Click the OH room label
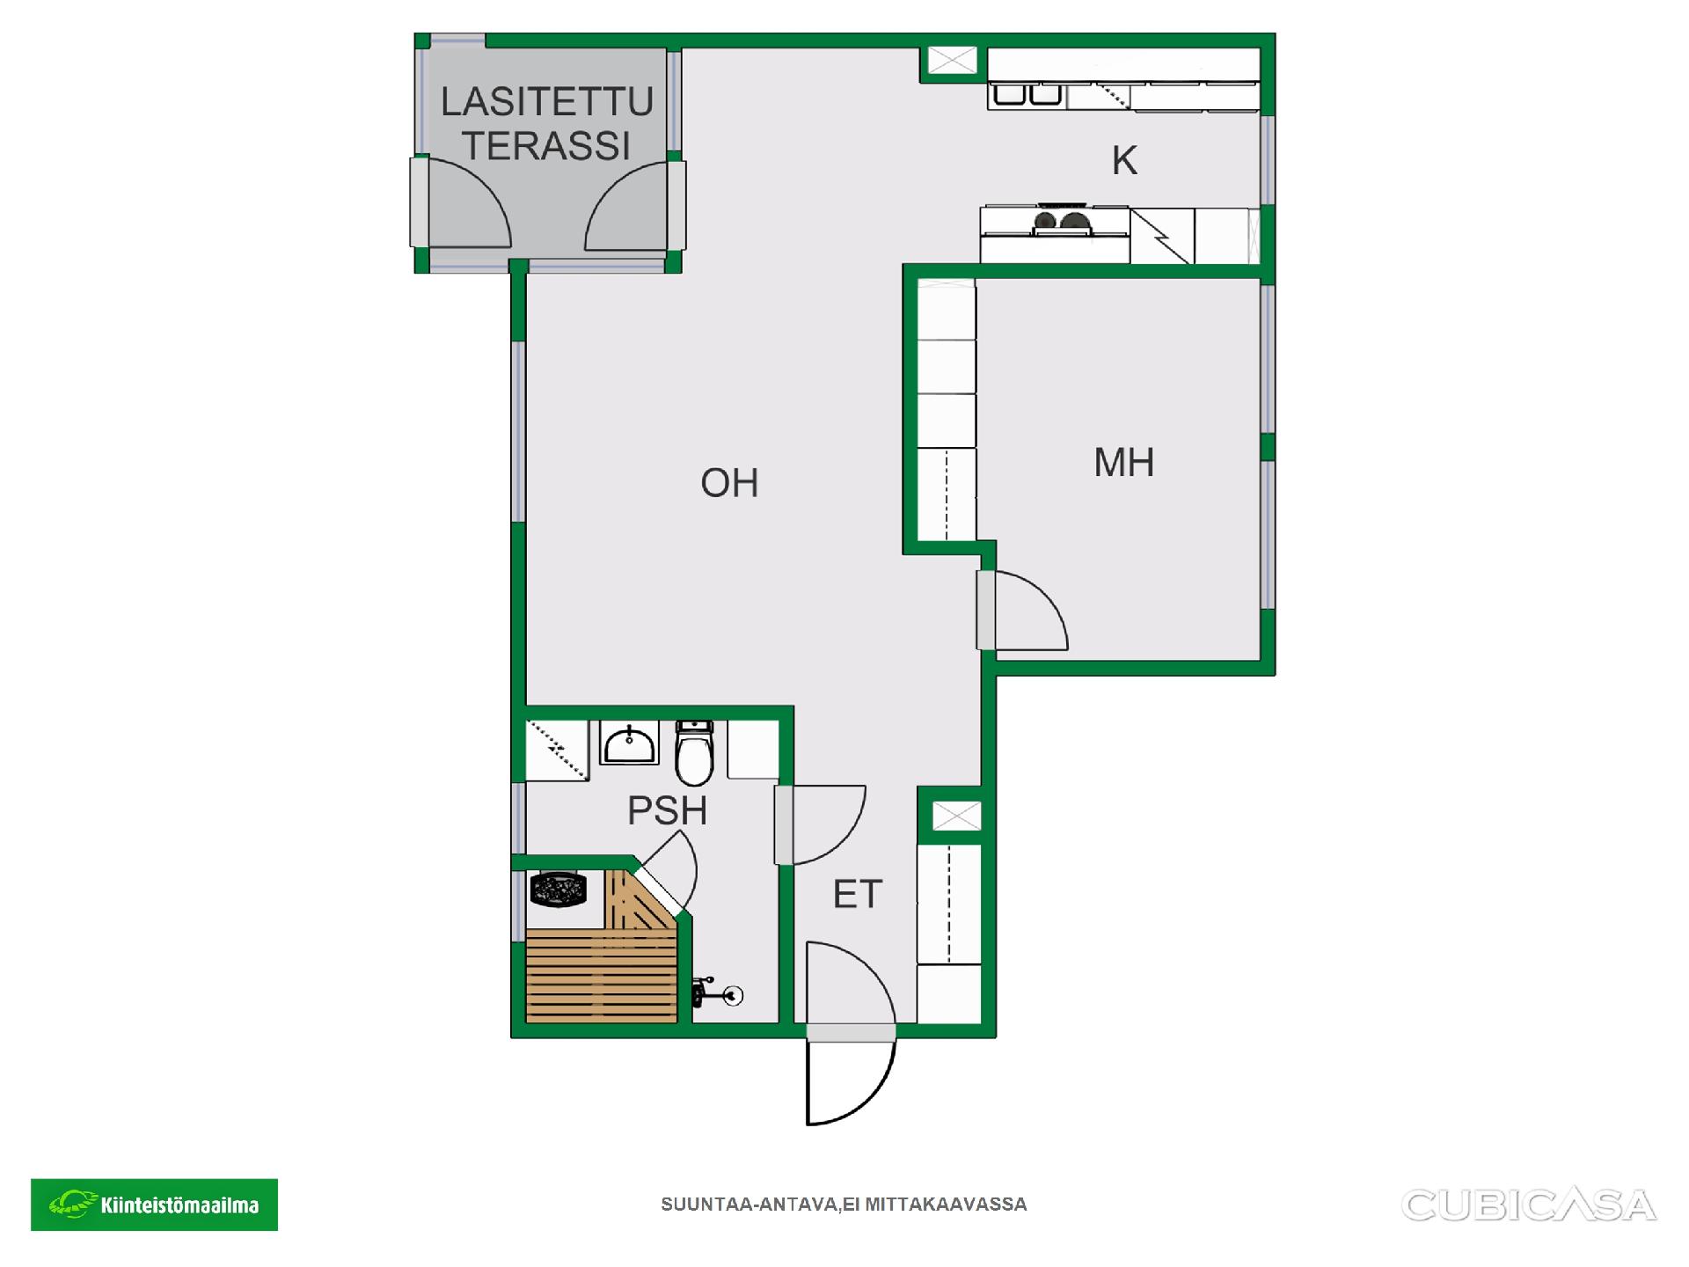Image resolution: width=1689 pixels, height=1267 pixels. tap(729, 483)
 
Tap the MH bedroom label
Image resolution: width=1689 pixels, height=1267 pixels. tap(1123, 463)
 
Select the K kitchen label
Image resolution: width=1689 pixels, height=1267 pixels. tap(1124, 161)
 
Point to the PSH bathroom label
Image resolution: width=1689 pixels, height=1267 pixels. tap(667, 810)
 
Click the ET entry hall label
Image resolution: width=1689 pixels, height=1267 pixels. tap(857, 895)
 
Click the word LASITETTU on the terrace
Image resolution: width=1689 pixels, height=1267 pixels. tap(547, 102)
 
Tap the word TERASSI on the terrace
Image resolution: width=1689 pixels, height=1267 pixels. tap(547, 146)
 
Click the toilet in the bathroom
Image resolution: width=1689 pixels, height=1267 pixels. tap(694, 753)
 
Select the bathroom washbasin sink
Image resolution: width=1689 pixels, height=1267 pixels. tap(630, 743)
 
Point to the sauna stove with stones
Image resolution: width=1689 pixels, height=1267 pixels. tap(558, 889)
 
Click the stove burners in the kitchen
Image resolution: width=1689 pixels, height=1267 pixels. tap(1058, 221)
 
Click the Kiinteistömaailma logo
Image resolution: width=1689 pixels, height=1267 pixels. tap(154, 1205)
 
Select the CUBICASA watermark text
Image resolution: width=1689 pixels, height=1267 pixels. tap(1529, 1205)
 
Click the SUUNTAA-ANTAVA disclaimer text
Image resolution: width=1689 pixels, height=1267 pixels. tap(844, 1205)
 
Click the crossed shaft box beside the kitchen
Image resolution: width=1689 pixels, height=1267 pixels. tap(953, 61)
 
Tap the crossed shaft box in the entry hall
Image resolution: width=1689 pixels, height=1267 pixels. tap(956, 816)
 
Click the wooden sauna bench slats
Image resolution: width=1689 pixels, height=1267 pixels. tap(602, 978)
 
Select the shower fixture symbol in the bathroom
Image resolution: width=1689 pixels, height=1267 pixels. tap(718, 993)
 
